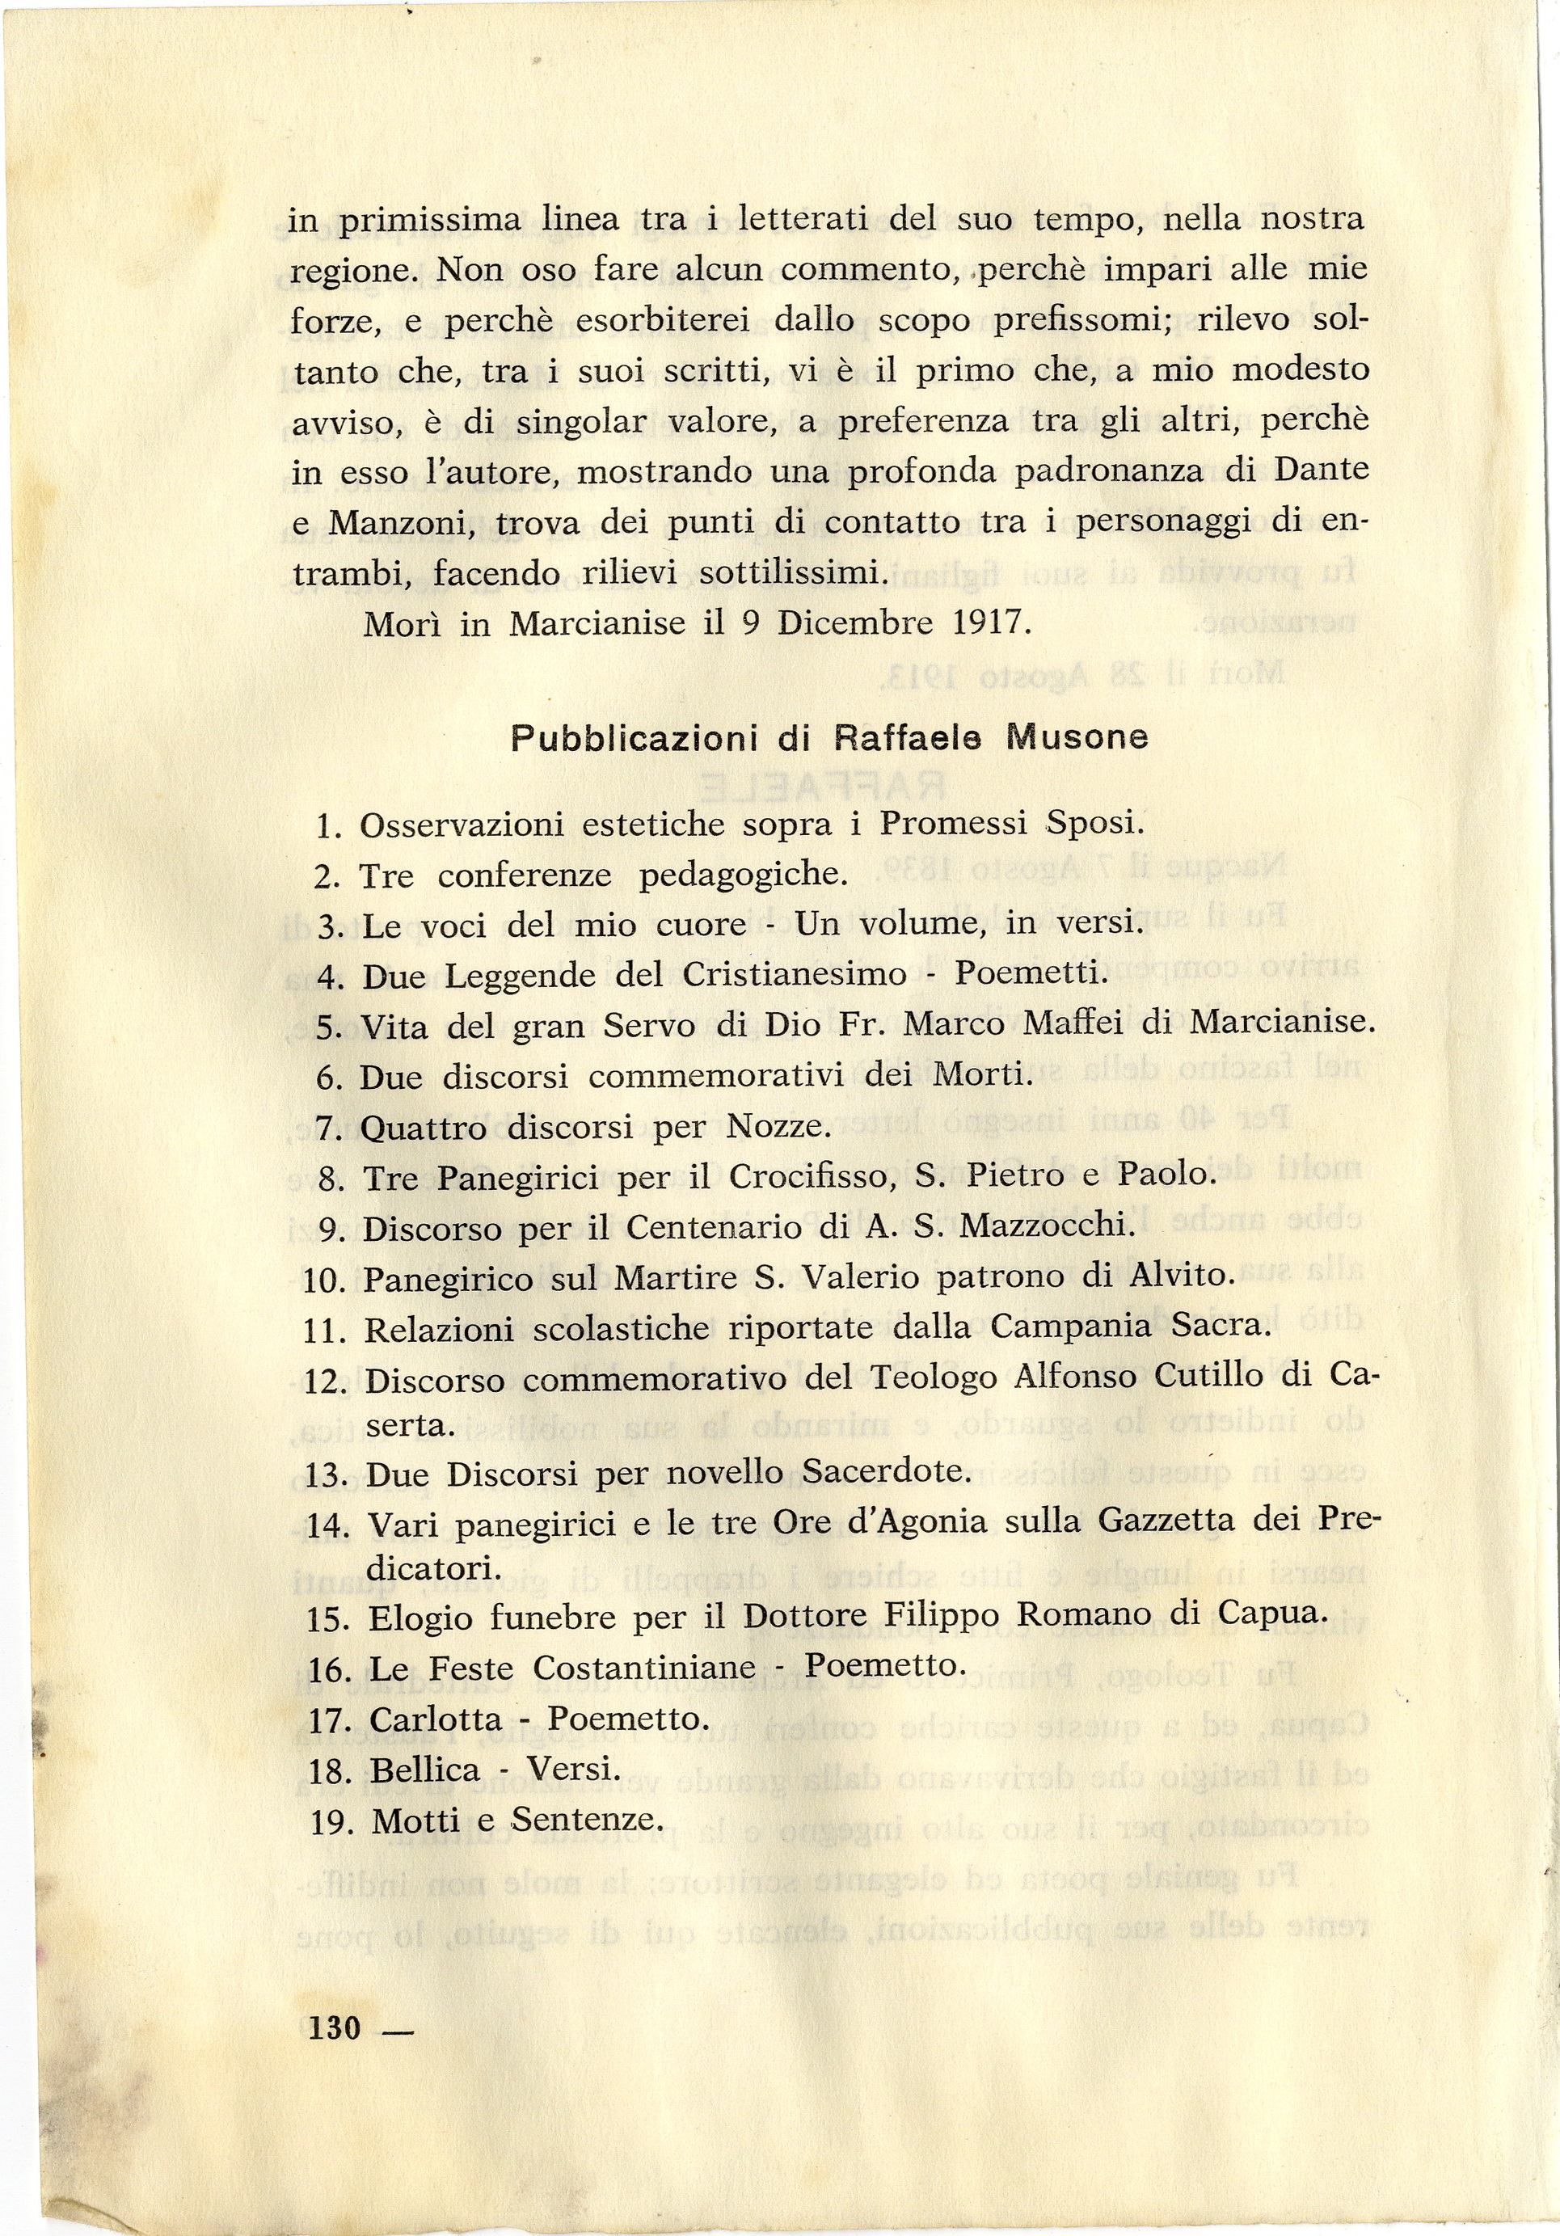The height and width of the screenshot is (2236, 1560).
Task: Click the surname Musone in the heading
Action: click(1077, 738)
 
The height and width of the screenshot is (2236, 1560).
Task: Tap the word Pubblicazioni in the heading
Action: click(634, 739)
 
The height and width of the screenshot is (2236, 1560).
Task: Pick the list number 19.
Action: click(329, 1822)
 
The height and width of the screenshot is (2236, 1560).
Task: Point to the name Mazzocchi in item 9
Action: click(1047, 1226)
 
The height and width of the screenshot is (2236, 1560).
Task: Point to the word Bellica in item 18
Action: click(425, 1770)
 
